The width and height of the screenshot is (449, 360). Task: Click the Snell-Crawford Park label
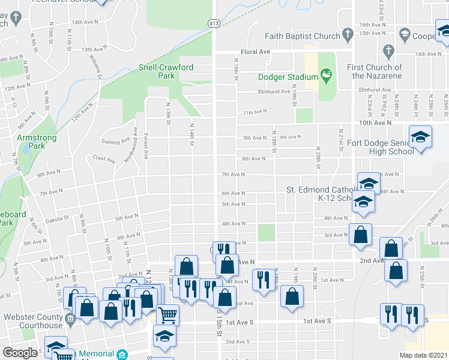[x=166, y=71]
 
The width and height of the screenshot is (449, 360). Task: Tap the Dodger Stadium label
[x=288, y=77]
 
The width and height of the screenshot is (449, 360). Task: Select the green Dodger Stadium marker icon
[x=326, y=76]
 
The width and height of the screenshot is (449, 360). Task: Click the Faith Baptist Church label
[x=304, y=36]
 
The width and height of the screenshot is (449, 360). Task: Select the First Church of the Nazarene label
[x=377, y=71]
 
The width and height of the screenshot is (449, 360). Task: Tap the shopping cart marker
[x=167, y=314]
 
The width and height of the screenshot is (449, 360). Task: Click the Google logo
[x=20, y=353]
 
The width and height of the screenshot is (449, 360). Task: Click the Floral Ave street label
[x=256, y=52]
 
